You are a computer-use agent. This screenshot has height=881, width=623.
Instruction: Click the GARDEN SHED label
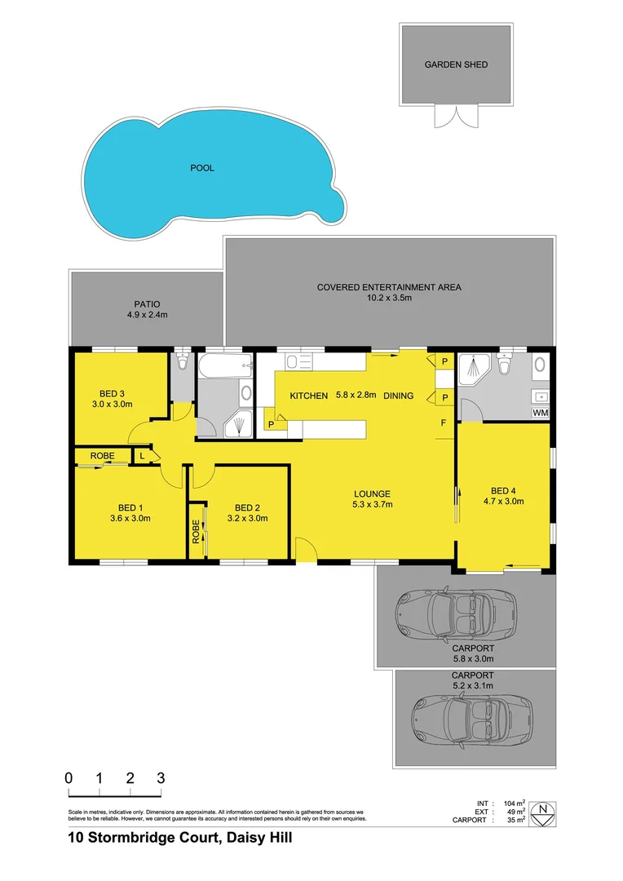pos(456,64)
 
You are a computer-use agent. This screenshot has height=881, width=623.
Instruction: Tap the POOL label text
pos(202,168)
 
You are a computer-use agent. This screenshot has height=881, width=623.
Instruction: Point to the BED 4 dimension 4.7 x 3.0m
pos(503,502)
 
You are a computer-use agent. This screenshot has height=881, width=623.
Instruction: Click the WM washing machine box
pos(539,413)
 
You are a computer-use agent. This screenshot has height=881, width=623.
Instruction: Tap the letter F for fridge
pos(444,423)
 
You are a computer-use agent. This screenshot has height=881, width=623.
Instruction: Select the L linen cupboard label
pos(144,456)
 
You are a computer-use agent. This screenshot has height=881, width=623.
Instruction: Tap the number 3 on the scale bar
pos(161,777)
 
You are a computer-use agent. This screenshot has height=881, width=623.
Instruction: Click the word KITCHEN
pos(309,396)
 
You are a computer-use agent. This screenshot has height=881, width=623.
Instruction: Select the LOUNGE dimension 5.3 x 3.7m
pos(372,505)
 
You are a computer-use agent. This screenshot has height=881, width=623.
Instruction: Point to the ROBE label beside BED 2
pos(196,533)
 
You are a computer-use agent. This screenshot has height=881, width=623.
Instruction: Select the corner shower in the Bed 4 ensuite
pos(475,373)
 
